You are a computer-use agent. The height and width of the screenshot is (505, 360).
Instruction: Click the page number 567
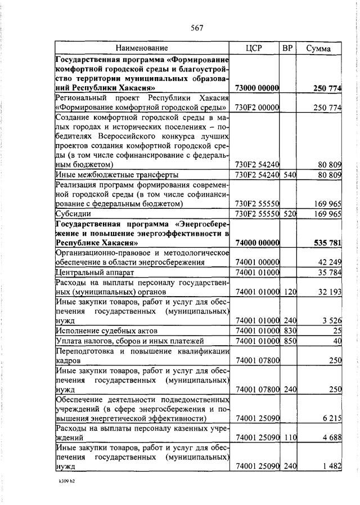click(196, 28)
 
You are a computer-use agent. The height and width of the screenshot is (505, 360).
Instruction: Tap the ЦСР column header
click(256, 48)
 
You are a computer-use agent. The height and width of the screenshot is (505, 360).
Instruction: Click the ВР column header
click(288, 48)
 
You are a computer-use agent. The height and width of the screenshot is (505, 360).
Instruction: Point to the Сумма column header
click(318, 49)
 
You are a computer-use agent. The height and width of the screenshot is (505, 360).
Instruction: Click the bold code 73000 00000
click(257, 88)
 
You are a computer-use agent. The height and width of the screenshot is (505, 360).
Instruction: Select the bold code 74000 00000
click(257, 243)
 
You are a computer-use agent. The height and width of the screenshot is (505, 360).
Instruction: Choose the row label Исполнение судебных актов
click(106, 330)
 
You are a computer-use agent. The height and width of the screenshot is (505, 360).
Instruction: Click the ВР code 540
click(289, 175)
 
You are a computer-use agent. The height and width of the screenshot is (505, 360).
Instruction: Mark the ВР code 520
click(289, 214)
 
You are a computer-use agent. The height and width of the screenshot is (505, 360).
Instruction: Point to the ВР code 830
click(289, 330)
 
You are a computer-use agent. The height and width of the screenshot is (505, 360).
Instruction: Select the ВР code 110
click(289, 437)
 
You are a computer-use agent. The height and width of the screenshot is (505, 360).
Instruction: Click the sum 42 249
click(330, 262)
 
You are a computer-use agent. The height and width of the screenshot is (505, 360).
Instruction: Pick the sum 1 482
click(332, 467)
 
